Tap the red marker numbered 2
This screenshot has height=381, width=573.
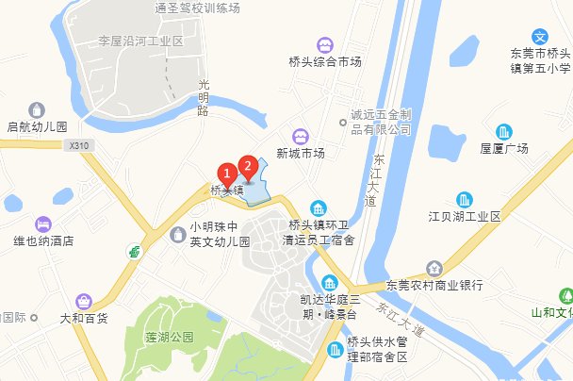[x=248, y=167]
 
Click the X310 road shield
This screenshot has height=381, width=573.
[x=77, y=146]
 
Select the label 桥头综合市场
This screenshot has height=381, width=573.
[x=325, y=62]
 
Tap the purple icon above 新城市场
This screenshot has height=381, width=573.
[x=301, y=136]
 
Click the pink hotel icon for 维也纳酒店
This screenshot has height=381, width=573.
[x=42, y=224]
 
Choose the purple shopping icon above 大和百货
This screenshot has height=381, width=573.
[x=84, y=301]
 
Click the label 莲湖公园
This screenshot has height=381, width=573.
[x=169, y=337]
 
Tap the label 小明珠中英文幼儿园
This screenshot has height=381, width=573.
[x=219, y=234]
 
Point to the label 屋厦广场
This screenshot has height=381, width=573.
[x=504, y=148]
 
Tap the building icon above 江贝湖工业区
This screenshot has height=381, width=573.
[x=464, y=200]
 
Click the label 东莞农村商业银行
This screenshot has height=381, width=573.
[x=434, y=284]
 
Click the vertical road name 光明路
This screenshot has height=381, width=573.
[x=202, y=97]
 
